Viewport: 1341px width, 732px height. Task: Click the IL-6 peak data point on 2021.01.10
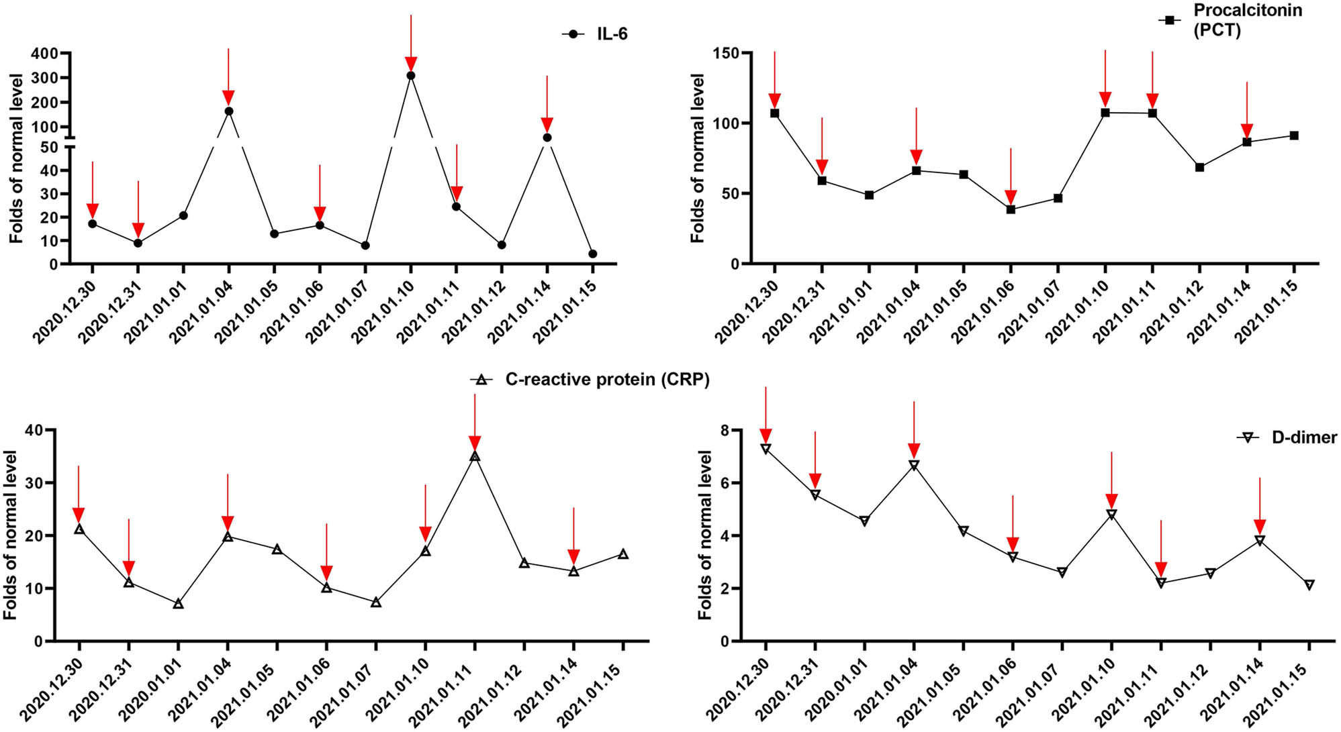(411, 76)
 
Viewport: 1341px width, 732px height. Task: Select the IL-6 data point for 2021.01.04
(229, 111)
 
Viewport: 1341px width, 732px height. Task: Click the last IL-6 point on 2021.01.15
(592, 254)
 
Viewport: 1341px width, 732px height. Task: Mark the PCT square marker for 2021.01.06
(1011, 209)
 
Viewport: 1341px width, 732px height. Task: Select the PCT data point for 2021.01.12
(1199, 167)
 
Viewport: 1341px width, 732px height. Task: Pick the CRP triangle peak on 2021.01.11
(475, 456)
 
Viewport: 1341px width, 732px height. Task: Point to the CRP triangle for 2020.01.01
(178, 604)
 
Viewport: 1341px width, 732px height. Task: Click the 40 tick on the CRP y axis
(35, 430)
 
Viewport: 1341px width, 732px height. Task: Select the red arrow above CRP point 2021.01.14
(573, 537)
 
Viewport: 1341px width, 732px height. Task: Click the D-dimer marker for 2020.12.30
(766, 448)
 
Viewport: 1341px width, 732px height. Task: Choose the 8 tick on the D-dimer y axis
(725, 430)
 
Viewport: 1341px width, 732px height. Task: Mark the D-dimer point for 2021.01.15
(1309, 585)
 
